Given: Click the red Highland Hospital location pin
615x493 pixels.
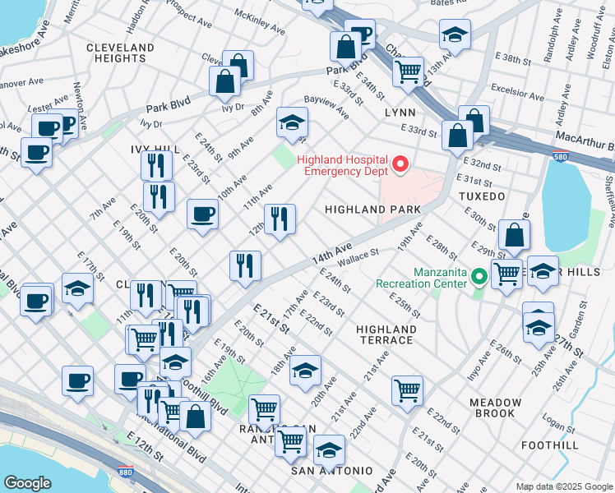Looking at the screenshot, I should pyautogui.click(x=400, y=165).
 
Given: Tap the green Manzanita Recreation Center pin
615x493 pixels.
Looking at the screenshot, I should pyautogui.click(x=477, y=277).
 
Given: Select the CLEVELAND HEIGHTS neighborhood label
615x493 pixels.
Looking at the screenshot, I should pyautogui.click(x=120, y=53).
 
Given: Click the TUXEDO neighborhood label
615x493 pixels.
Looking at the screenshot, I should pyautogui.click(x=481, y=197).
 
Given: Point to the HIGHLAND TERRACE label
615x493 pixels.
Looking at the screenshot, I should pyautogui.click(x=386, y=334).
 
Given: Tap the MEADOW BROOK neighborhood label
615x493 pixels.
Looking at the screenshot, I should pyautogui.click(x=496, y=408).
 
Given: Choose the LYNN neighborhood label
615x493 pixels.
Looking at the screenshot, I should pyautogui.click(x=399, y=112).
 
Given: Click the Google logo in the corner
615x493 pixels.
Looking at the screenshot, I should pyautogui.click(x=27, y=483).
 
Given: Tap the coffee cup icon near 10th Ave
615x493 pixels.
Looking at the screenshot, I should pyautogui.click(x=202, y=215).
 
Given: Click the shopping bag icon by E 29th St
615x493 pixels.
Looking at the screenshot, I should pyautogui.click(x=513, y=237).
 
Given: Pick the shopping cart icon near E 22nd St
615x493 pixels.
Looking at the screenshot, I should pyautogui.click(x=407, y=390).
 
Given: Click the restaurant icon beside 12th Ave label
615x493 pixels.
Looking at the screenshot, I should pyautogui.click(x=280, y=219).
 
